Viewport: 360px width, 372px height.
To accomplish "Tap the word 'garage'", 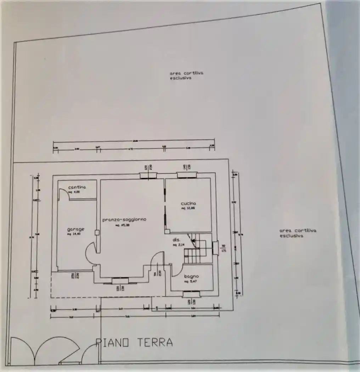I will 76,229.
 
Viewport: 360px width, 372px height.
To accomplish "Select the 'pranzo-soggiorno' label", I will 124,220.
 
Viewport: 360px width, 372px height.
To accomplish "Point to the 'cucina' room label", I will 189,203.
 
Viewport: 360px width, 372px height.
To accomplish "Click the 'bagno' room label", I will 191,276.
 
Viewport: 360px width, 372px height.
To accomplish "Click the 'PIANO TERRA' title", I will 135,342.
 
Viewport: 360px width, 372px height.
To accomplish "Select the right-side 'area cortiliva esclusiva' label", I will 293,233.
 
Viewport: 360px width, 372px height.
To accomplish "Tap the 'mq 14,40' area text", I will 75,234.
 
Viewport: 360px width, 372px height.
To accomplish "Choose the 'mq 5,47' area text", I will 190,282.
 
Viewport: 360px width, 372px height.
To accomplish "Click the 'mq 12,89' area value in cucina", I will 188,208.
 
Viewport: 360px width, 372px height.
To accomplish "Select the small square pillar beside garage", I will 97,232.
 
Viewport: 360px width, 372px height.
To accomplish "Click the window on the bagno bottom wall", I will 191,293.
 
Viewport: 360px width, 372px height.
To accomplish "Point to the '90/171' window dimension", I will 223,248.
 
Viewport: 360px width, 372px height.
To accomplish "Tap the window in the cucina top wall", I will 187,175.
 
